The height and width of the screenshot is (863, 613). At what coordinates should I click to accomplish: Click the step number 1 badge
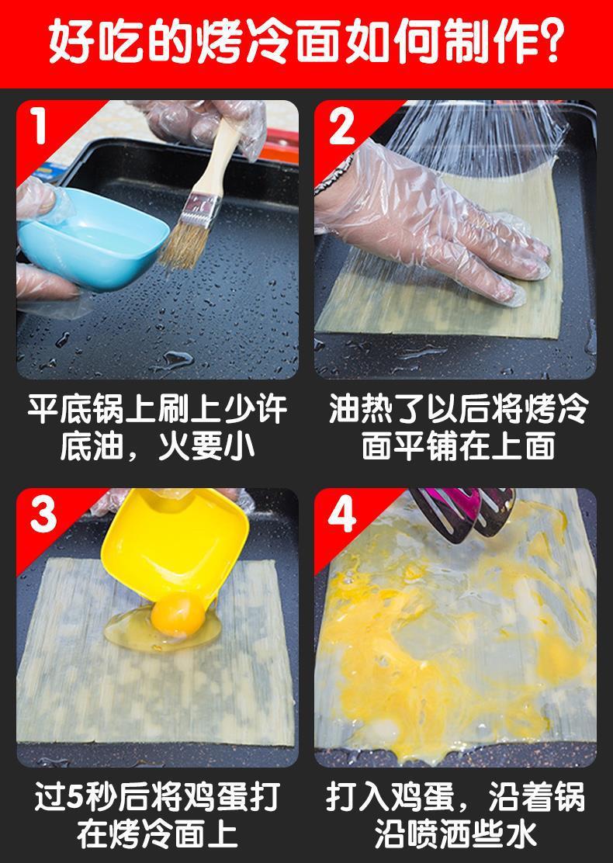(38, 126)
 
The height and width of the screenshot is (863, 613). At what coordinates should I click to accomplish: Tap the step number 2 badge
(341, 126)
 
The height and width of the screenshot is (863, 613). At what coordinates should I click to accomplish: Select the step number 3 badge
(43, 514)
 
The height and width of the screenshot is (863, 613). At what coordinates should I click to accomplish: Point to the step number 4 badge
(341, 514)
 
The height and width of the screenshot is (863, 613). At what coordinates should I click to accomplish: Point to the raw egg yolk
(178, 615)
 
